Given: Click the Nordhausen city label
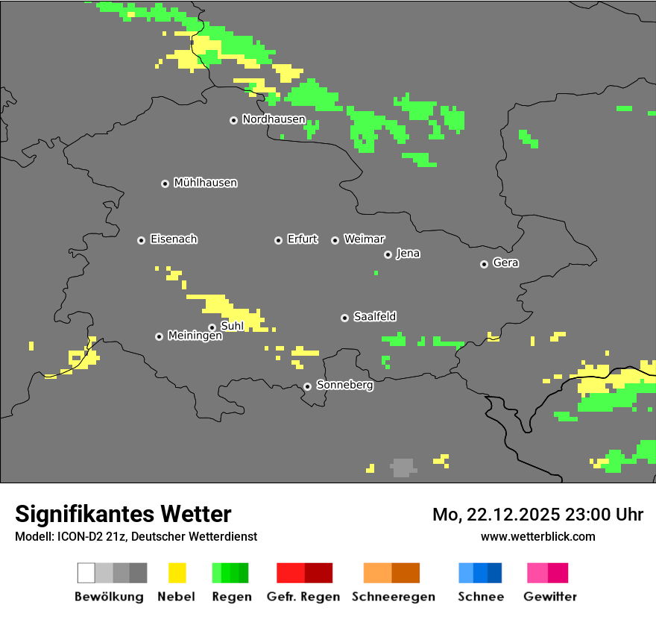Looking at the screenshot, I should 274,119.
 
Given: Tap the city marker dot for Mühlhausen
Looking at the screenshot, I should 165,183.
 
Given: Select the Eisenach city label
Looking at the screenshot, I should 174,239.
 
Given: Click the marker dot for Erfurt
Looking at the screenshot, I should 278,240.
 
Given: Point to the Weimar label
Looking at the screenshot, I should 364,239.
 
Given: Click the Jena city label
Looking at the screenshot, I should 408,254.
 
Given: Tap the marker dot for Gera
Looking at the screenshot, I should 484,264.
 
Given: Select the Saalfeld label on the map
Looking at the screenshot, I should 374,317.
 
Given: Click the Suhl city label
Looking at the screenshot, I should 232,326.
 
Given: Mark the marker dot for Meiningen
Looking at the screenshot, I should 159,336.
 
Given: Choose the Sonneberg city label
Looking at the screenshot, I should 344,386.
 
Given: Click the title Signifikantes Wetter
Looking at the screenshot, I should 123,514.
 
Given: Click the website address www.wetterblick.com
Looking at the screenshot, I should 537,536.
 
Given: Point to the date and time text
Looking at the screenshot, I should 537,515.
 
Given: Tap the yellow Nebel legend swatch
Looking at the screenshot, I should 177,573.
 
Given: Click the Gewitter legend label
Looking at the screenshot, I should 549,597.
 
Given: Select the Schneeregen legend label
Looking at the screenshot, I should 393,597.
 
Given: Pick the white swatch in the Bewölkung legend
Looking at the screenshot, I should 86,573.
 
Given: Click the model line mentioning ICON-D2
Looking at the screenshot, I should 136,536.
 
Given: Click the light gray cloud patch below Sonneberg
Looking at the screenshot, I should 403,468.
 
